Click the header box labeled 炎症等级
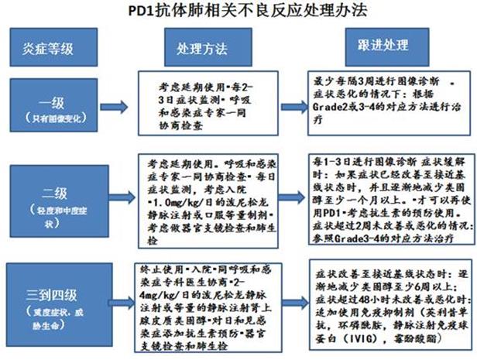[x=46, y=48]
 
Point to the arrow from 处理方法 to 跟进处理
[x=283, y=48]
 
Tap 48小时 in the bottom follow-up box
[x=364, y=299]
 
